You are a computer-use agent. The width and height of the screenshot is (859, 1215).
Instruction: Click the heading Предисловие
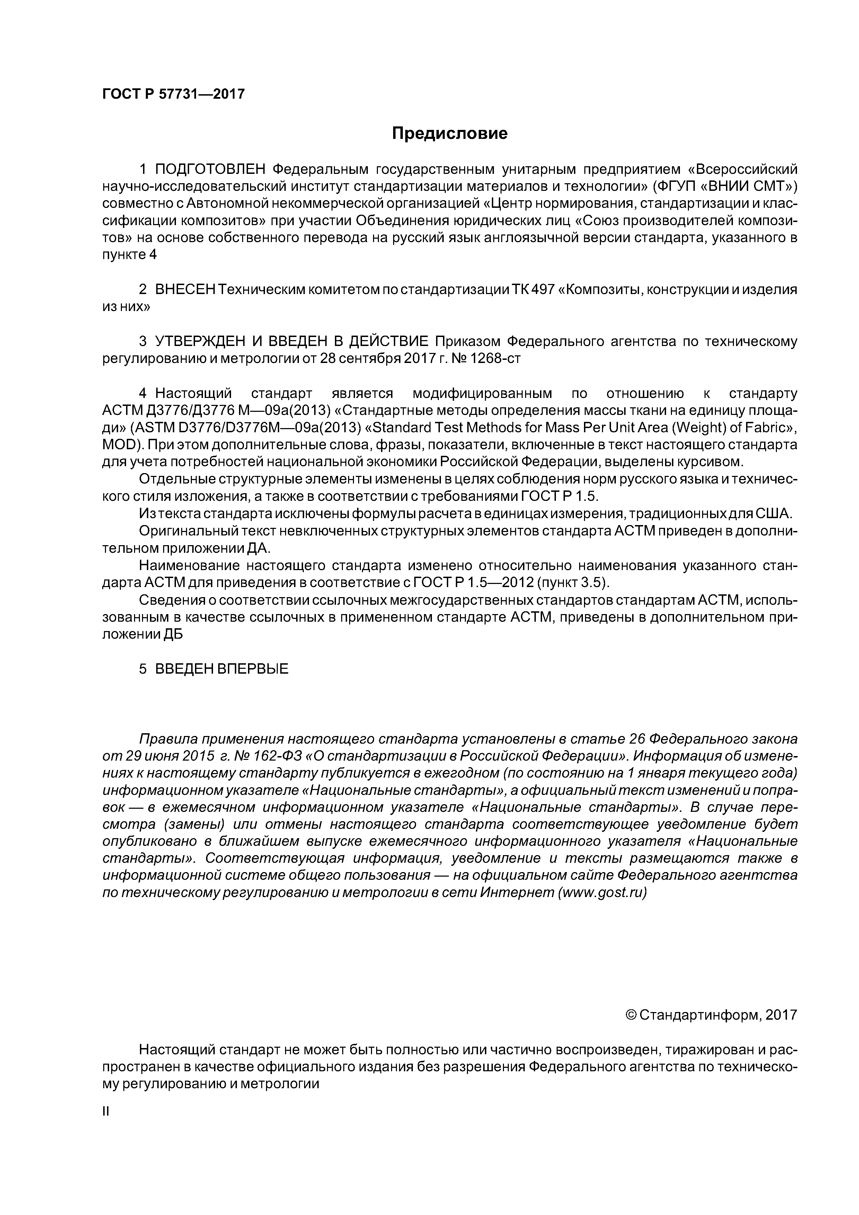tap(449, 133)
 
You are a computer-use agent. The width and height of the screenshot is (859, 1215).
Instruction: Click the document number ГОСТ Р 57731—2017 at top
tap(173, 94)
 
